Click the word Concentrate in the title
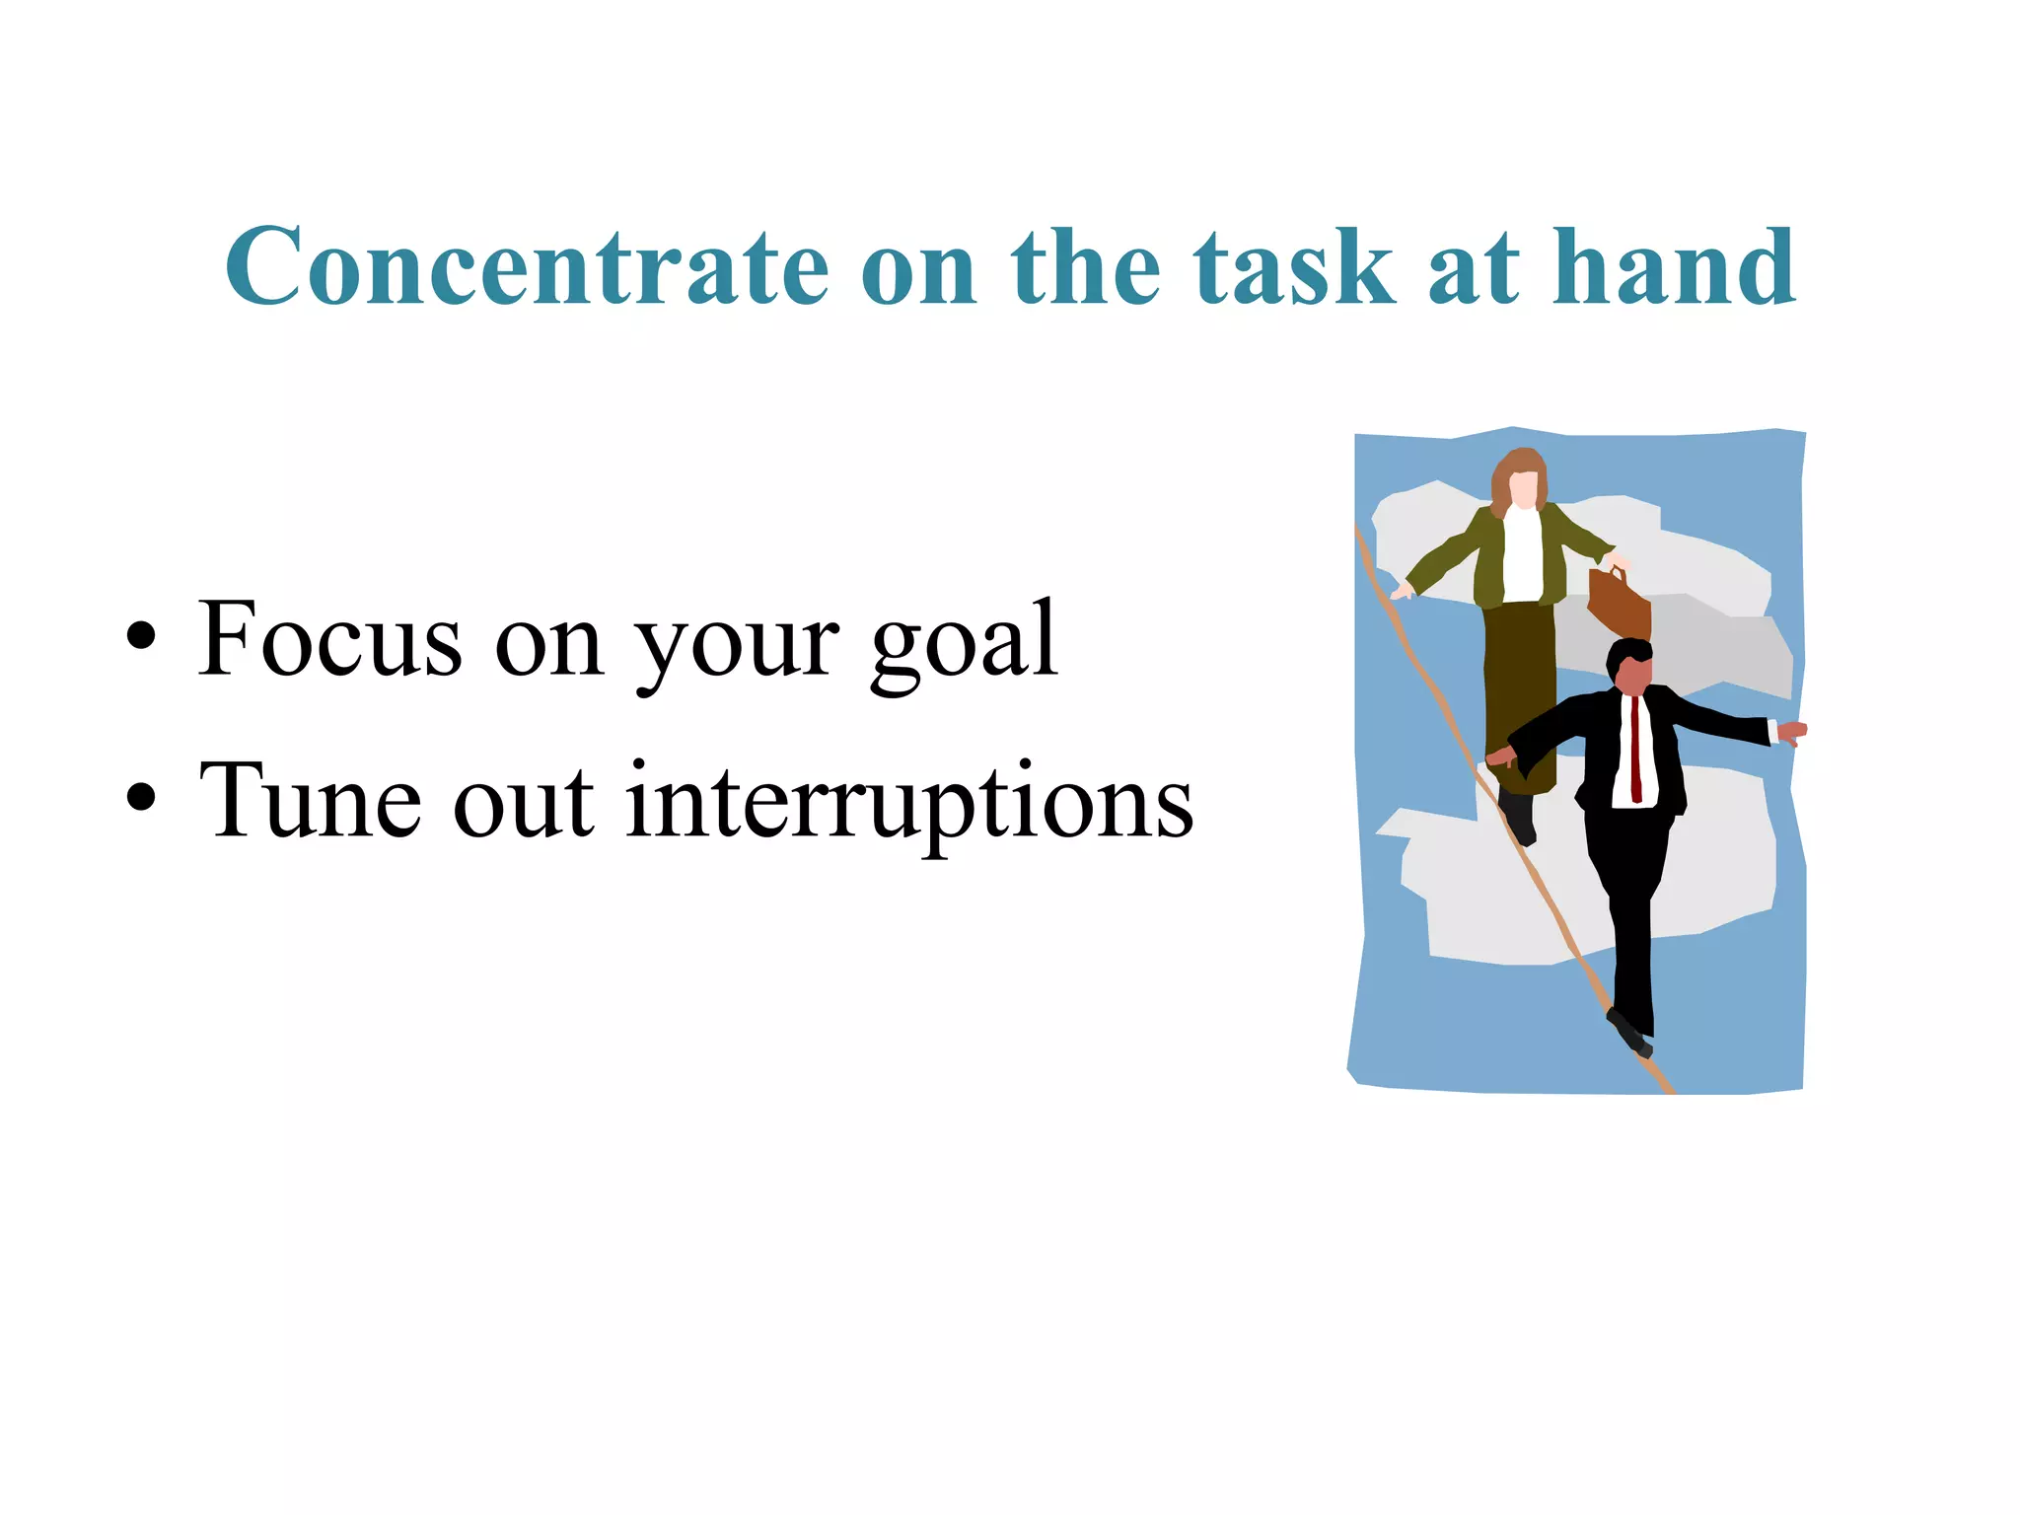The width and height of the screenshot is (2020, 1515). [528, 266]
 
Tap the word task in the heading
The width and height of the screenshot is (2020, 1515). [1294, 266]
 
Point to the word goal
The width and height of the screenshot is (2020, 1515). [964, 646]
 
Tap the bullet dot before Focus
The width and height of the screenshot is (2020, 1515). [141, 636]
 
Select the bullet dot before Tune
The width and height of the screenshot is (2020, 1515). [141, 796]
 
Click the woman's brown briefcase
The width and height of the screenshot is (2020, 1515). [1619, 603]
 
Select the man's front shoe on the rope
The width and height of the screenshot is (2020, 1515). [1629, 1034]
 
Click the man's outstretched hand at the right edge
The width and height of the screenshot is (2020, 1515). [1792, 733]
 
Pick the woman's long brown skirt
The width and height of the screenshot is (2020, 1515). [1519, 690]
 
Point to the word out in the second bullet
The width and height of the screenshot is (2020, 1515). [524, 804]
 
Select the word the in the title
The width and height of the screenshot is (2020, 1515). [1086, 266]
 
